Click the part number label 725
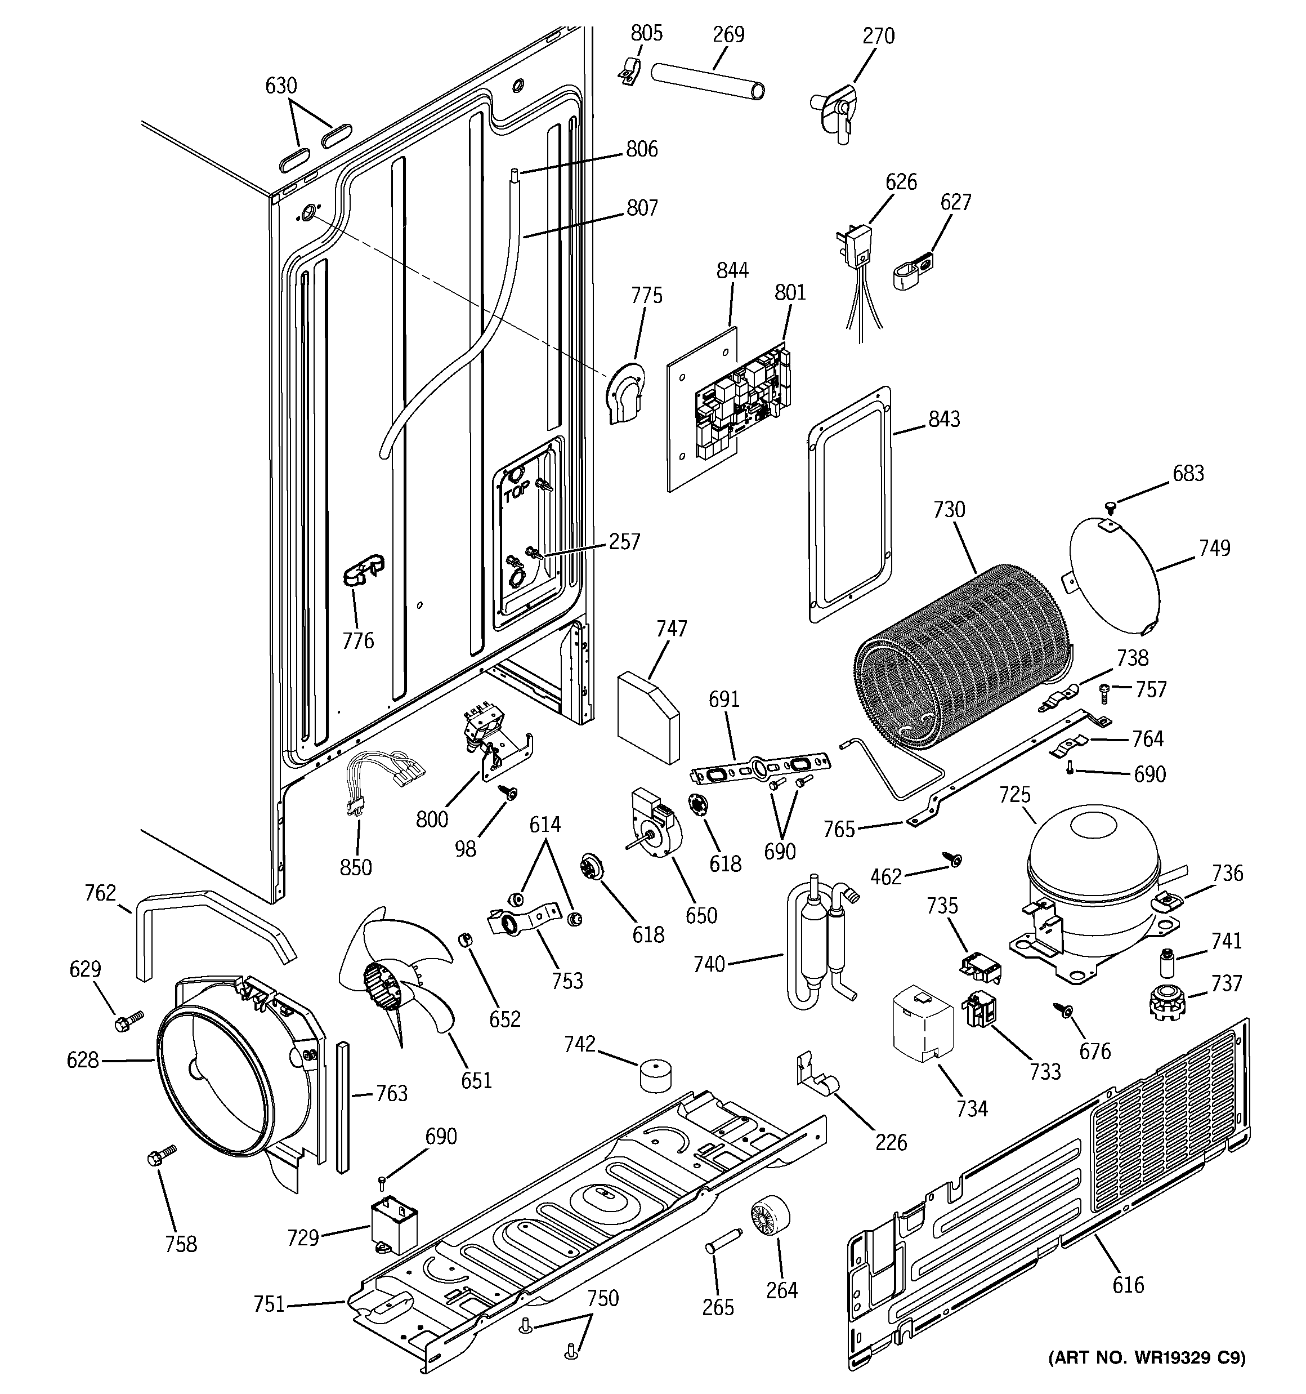1014,795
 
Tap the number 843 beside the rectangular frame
943,418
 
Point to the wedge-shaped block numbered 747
648,716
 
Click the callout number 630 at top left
281,86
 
